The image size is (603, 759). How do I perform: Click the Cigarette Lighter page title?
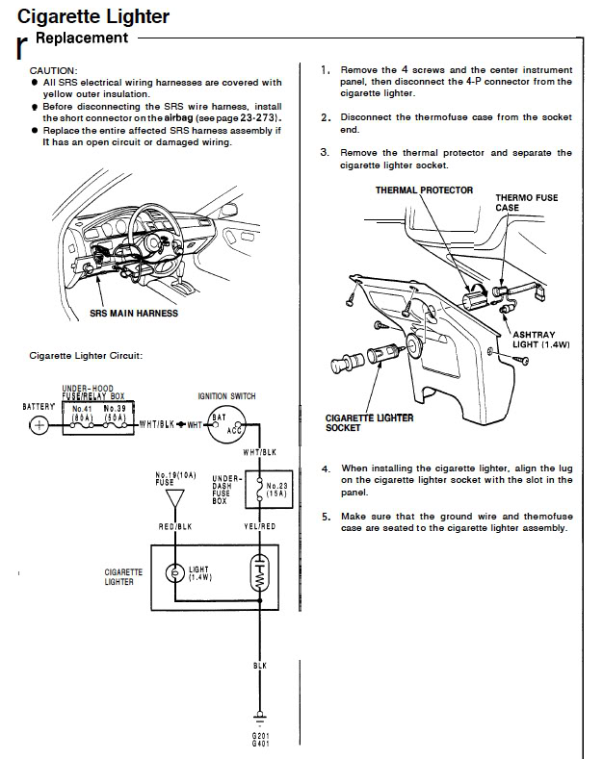[x=93, y=16]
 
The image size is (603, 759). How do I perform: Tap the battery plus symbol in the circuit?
[x=39, y=425]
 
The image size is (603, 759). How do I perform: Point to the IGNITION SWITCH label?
[x=225, y=395]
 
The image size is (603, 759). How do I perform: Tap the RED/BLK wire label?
[x=174, y=527]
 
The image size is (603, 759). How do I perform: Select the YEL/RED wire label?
[x=259, y=527]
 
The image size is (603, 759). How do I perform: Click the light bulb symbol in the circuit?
[x=174, y=574]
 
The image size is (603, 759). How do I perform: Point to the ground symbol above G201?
[x=259, y=717]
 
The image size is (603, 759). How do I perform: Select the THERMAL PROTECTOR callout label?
[x=424, y=190]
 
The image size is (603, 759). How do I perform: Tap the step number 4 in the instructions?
[x=326, y=468]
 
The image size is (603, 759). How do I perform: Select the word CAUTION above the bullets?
[x=52, y=71]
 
